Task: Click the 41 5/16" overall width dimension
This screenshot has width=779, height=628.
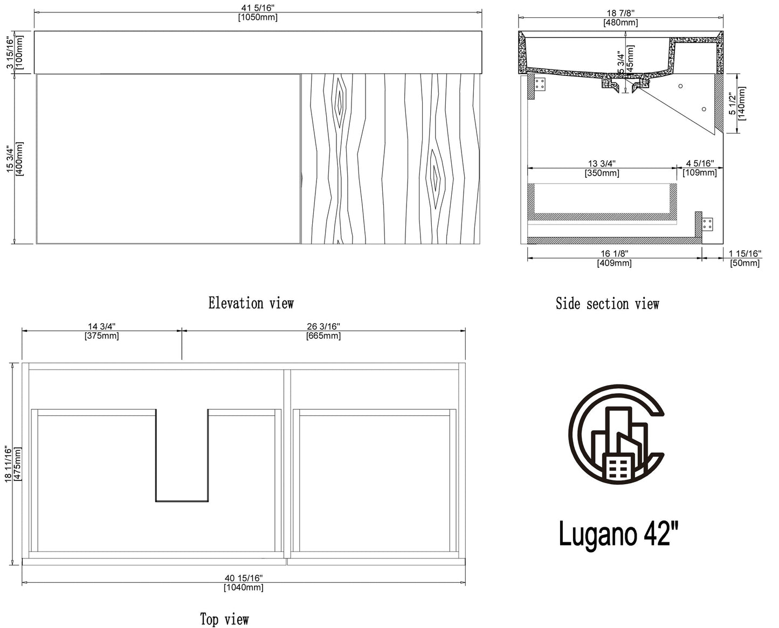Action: point(258,8)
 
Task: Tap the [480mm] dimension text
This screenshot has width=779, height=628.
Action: point(621,23)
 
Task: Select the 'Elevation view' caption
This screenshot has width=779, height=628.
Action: point(251,303)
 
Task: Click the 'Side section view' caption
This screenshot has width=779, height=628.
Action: point(608,304)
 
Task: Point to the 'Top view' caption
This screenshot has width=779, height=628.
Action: point(224,619)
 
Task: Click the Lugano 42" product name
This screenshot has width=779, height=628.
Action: point(618,534)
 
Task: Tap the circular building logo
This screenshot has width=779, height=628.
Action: point(616,434)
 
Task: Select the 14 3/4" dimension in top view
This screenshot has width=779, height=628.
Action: point(102,326)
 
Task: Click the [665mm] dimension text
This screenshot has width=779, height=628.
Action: point(323,336)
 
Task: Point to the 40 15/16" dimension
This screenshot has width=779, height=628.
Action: point(243,578)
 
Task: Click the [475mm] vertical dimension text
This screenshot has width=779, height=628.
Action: point(17,464)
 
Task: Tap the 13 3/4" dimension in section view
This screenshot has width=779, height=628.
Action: point(602,164)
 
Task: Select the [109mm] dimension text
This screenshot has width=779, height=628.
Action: point(700,172)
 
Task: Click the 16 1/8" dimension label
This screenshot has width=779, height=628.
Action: point(614,254)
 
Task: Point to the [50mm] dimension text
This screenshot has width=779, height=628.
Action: point(744,263)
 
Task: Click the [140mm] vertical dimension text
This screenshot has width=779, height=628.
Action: point(741,103)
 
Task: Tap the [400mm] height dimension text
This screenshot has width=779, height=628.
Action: point(19,158)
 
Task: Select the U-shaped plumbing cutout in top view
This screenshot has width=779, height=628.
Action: point(182,455)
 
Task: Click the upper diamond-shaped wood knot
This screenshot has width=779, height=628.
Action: point(339,102)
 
